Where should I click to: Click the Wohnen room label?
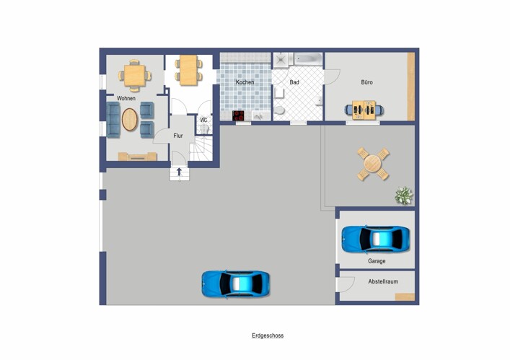coord(126,97)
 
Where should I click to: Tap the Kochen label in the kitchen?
coord(245,82)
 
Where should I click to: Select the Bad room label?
coord(294,82)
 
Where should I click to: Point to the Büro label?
coord(367,82)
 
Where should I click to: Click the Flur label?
coord(178,135)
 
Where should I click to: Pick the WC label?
coord(203,120)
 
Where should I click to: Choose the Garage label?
coord(377,261)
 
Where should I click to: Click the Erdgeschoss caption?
coord(268,335)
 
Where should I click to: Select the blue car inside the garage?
coord(376,239)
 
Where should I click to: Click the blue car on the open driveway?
coord(236,283)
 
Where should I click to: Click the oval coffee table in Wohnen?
coord(129,119)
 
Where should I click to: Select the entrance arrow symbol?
coord(178,173)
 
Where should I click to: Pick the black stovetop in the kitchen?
coord(239,115)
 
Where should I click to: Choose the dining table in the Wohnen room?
coord(134,73)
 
